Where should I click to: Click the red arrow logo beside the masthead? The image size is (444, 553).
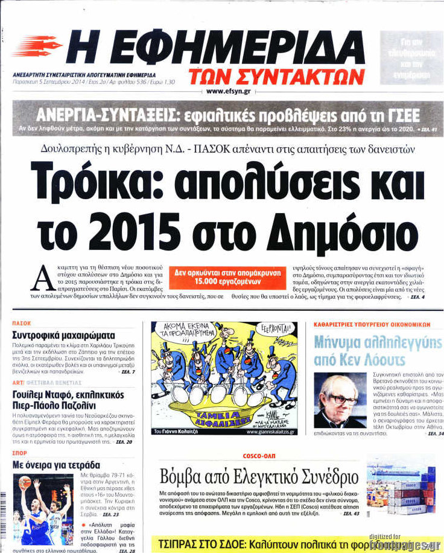point(36,46)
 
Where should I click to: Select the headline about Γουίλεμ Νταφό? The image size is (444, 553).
point(68,401)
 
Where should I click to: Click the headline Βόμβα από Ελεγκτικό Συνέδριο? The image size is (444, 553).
point(259,477)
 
